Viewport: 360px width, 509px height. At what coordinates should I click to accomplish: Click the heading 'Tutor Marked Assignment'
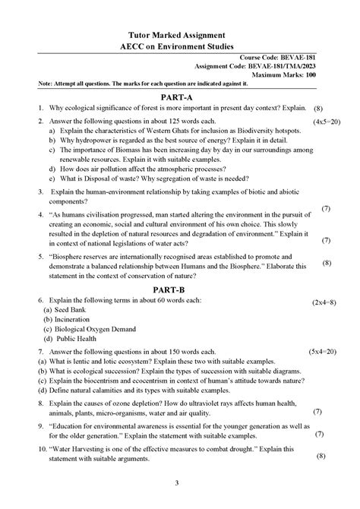click(180, 35)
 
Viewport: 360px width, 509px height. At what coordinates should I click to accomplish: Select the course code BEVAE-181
click(311, 58)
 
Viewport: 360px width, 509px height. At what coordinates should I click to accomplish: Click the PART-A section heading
click(180, 98)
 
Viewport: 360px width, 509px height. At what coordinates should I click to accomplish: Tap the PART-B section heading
click(180, 290)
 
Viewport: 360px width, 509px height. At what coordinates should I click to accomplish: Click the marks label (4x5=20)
click(327, 122)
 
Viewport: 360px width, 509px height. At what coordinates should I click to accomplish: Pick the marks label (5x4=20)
click(327, 353)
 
